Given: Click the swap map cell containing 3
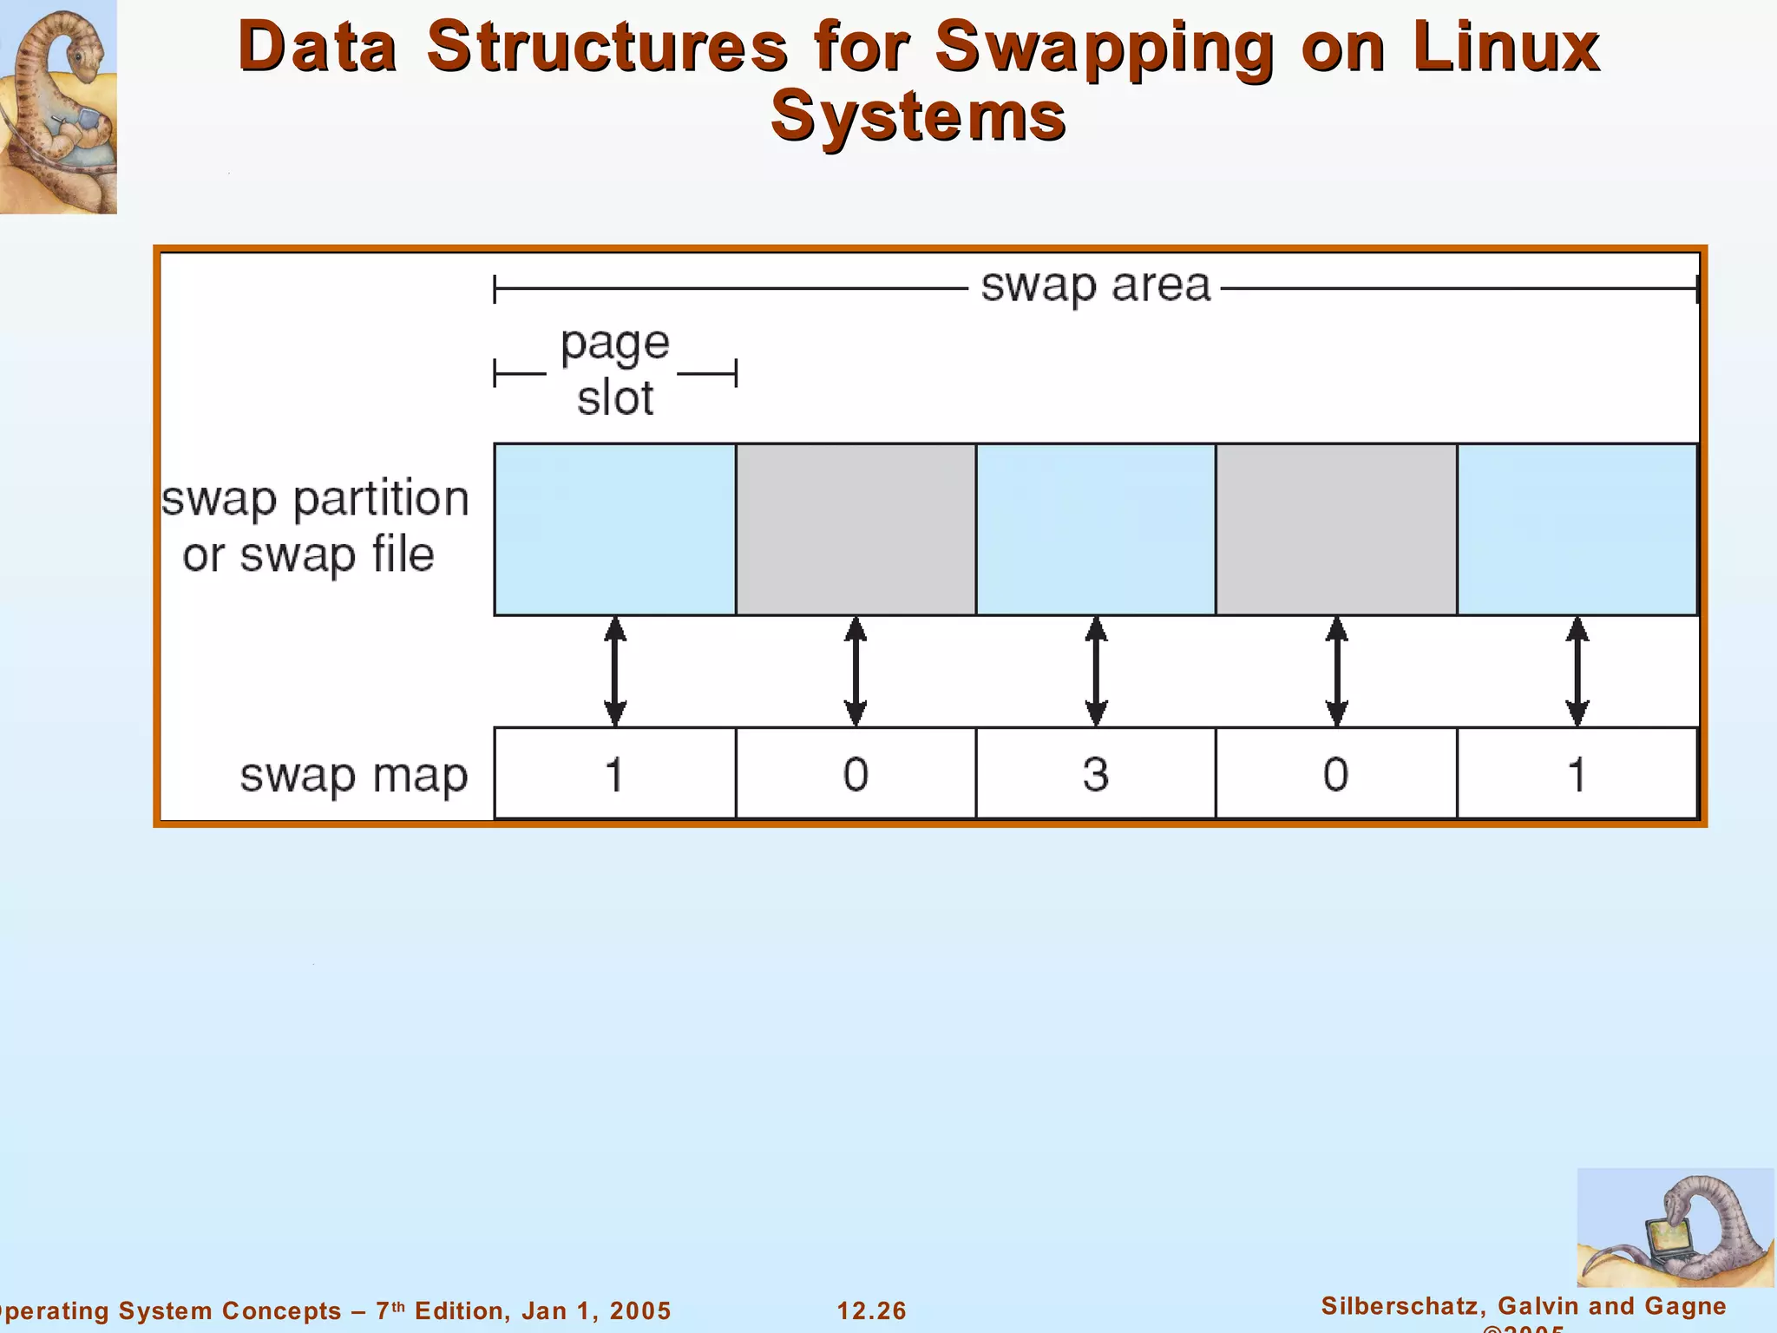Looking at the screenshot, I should point(1096,773).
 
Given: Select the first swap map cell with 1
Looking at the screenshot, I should point(614,773).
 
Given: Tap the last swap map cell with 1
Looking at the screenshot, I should point(1577,773).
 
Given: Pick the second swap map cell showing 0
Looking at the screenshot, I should point(856,773).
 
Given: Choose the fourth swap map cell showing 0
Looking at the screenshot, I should point(1336,773).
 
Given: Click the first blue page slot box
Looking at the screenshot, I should point(614,529).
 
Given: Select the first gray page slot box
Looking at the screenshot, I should point(856,529).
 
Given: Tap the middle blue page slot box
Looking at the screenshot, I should point(1096,529).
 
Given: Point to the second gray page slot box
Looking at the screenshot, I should point(1336,529).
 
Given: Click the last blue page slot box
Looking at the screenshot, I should point(1577,529).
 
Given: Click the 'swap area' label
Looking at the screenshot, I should point(1095,286).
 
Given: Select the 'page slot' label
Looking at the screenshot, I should point(615,371).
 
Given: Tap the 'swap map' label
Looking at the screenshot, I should point(353,775).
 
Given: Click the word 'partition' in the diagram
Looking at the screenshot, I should point(381,500).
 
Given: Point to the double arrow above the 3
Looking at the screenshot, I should point(1096,671).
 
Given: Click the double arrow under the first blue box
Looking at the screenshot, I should point(614,671).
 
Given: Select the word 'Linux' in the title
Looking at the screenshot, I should point(1505,47).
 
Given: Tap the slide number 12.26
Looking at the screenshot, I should point(871,1310).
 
